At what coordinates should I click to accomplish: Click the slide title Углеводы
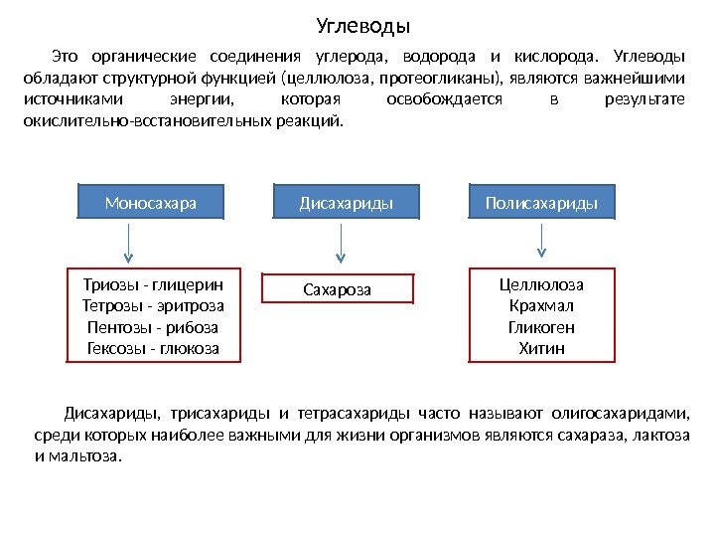362,24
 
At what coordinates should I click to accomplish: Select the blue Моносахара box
151,203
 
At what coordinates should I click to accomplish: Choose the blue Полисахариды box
541,203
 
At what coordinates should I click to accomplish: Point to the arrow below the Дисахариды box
343,243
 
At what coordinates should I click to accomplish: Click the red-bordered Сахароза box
336,289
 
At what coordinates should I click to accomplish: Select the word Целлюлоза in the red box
541,283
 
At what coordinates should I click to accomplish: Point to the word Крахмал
541,305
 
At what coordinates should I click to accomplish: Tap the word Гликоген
541,327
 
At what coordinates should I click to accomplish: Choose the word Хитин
541,349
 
